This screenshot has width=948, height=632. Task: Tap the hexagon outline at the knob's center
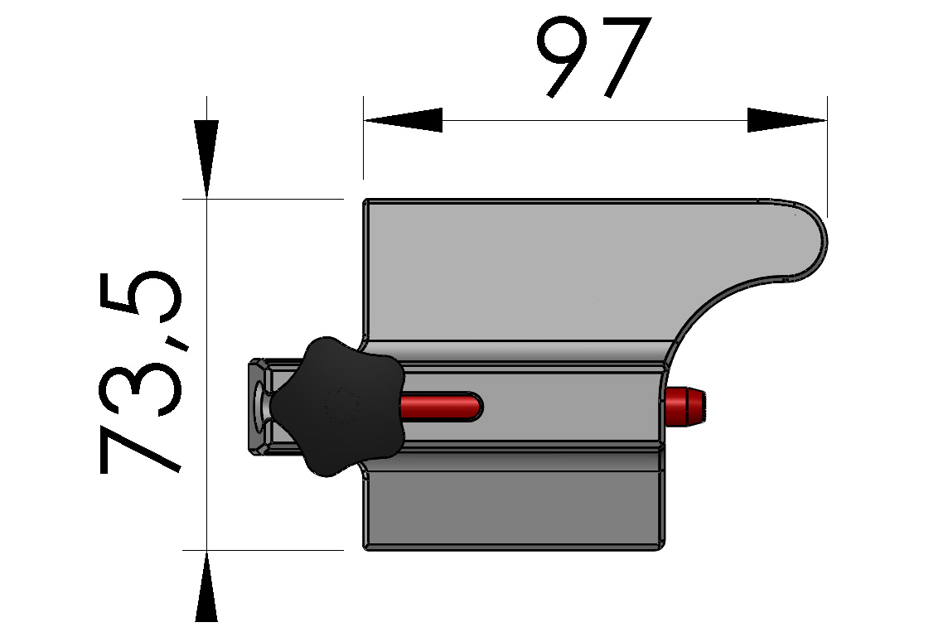click(342, 406)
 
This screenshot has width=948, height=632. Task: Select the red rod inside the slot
click(439, 406)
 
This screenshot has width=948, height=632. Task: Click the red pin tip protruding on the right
click(687, 406)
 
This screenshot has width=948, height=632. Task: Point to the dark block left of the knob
click(259, 407)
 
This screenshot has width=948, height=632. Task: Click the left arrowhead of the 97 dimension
click(401, 120)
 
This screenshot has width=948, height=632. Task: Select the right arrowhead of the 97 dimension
click(787, 120)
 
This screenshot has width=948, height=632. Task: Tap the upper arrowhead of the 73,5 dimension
click(206, 157)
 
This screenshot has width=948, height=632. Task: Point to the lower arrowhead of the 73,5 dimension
click(206, 588)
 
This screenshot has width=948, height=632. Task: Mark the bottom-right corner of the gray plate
click(660, 546)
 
